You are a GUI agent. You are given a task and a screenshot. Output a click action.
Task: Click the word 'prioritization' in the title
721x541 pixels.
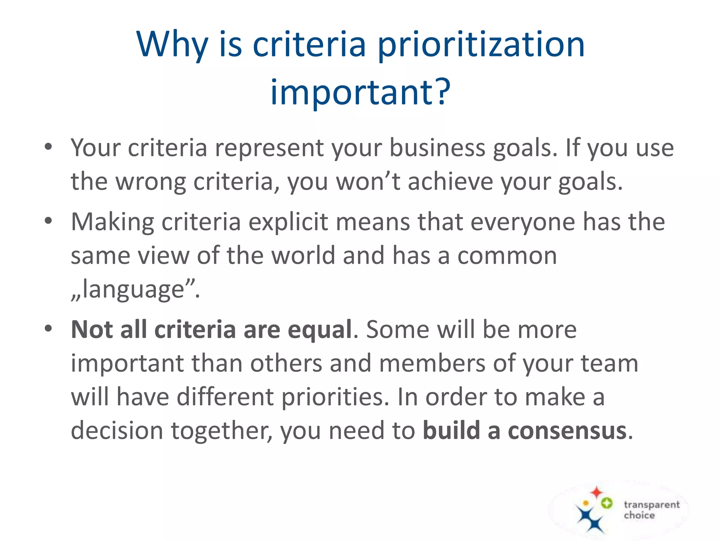click(x=481, y=46)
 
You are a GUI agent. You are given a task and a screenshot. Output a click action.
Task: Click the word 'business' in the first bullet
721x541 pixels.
click(x=437, y=148)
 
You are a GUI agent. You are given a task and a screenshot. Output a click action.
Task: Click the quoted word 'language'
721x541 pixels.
click(x=134, y=290)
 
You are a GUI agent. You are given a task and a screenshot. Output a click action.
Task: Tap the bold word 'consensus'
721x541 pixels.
click(x=567, y=431)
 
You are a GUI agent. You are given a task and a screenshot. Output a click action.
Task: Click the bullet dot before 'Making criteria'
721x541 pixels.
click(x=48, y=221)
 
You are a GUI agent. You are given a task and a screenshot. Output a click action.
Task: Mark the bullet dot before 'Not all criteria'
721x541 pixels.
click(x=48, y=329)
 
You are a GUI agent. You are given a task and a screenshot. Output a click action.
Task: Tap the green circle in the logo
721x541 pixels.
click(x=606, y=503)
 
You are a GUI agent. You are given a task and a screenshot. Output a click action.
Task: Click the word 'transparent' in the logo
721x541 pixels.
click(x=651, y=505)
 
